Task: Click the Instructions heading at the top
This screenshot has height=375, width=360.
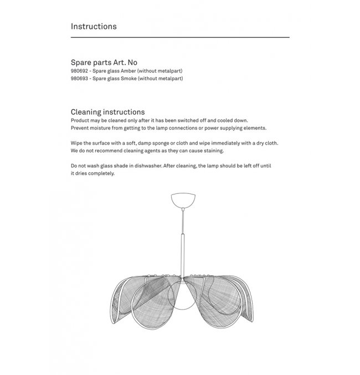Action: (94, 26)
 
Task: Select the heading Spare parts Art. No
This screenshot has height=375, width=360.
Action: (104, 63)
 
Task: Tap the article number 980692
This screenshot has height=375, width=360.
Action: (80, 71)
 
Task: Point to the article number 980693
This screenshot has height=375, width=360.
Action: (80, 79)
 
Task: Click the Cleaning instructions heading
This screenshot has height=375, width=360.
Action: (107, 112)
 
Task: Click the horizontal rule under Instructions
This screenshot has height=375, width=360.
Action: (180, 37)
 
